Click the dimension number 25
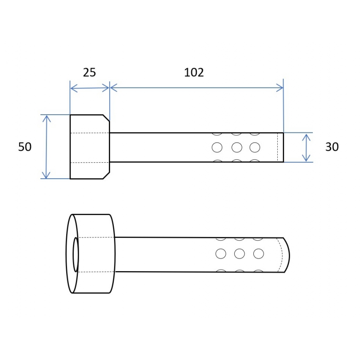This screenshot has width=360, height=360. point(89,72)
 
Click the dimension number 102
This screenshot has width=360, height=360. point(194,72)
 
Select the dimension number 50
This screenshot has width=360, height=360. point(25,147)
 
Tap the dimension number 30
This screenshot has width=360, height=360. point(332,147)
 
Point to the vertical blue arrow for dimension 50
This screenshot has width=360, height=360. point(47,147)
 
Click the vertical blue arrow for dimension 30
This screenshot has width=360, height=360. point(306,148)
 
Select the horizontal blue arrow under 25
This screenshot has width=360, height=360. point(90,88)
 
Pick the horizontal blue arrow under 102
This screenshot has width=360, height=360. point(197,88)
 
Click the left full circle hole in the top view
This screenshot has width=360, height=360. point(217,148)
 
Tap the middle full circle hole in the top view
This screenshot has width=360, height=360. point(237,148)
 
